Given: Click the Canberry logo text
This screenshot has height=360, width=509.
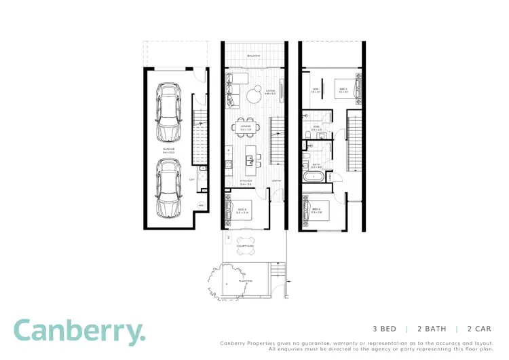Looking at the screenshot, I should (79, 332).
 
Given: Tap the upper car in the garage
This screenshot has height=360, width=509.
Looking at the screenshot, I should (168, 111).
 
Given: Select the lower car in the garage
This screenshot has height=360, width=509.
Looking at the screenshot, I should (168, 187).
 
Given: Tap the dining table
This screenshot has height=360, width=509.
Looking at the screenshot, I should (246, 127).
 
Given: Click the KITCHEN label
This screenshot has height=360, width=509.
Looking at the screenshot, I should (245, 181).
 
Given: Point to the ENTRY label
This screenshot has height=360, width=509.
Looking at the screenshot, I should (277, 181).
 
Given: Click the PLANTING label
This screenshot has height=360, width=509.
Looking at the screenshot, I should (245, 280).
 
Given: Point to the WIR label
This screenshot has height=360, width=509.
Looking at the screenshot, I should (316, 90).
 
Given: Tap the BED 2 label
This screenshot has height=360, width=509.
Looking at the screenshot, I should (316, 209).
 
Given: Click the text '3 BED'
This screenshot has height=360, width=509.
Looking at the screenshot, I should (384, 329).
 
